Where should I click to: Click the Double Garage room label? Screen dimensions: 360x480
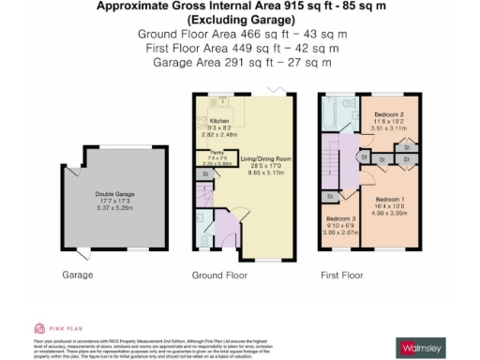pyautogui.click(x=114, y=194)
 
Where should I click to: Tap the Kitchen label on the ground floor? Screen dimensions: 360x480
pyautogui.click(x=219, y=122)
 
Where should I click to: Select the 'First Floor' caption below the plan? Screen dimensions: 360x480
pyautogui.click(x=342, y=276)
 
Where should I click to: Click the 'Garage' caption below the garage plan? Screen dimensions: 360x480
pyautogui.click(x=76, y=276)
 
